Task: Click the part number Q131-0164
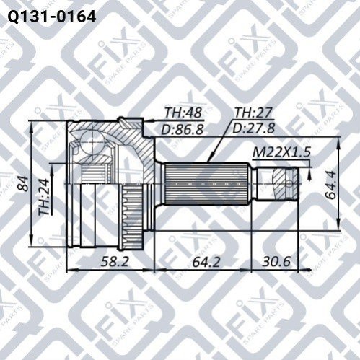click(x=52, y=17)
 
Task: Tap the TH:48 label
click(x=183, y=113)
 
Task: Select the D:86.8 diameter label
click(x=183, y=130)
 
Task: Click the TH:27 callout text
click(x=253, y=113)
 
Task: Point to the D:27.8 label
click(x=253, y=128)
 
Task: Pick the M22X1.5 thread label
click(x=282, y=152)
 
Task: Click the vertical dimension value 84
click(x=24, y=183)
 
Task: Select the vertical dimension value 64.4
click(x=331, y=185)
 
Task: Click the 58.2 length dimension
click(x=115, y=261)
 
